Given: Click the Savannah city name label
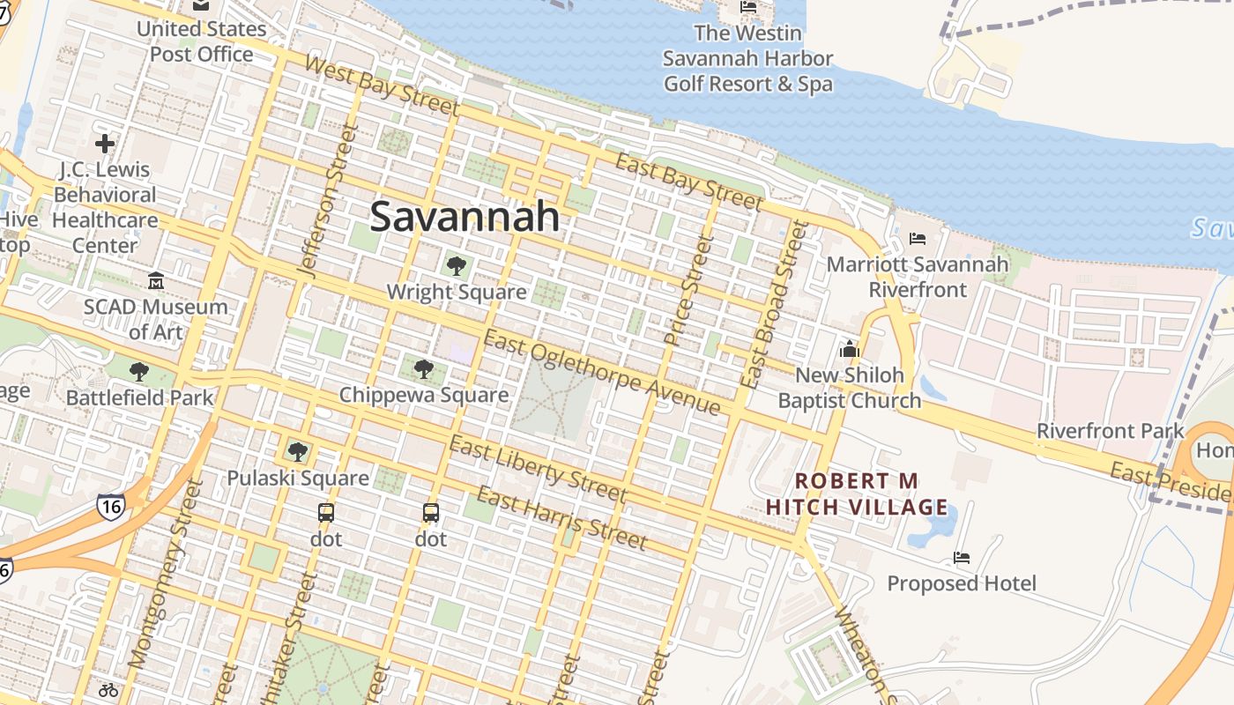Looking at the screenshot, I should (465, 217).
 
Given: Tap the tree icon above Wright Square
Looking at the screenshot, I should (456, 265).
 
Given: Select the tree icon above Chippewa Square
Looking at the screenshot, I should (424, 368).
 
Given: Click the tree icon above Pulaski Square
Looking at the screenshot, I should (298, 452).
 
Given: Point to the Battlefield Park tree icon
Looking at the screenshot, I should (139, 372).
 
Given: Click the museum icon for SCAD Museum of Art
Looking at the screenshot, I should (156, 281).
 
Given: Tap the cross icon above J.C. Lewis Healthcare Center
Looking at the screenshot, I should (105, 143).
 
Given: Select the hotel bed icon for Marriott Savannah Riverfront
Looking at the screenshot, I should (917, 239).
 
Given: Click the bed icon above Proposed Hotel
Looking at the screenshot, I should (962, 558).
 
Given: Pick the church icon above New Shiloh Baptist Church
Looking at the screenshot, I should (850, 349).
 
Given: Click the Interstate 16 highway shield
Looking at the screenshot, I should (111, 506).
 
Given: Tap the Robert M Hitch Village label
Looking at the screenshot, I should (857, 494).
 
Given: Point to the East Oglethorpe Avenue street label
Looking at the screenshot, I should (602, 374).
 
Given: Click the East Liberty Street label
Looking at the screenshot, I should (538, 467).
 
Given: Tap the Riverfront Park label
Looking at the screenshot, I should (1110, 431).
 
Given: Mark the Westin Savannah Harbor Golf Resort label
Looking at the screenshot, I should (747, 59).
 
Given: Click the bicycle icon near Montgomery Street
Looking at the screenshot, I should (108, 690).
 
